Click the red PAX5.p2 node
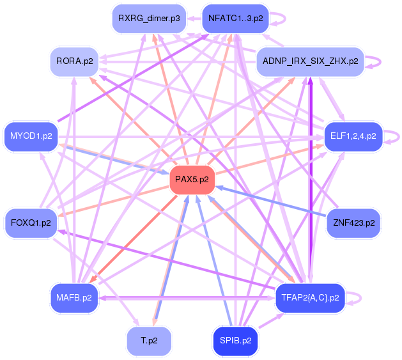point(192,180)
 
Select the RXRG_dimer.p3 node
point(149,19)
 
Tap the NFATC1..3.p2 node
point(235,19)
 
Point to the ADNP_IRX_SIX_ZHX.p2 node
point(310,63)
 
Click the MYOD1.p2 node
point(31,136)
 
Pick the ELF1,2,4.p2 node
point(353,136)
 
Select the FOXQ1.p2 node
point(31,223)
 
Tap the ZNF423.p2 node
point(353,223)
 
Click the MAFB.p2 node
point(73,297)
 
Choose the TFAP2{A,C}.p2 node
point(310,297)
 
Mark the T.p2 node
point(149,341)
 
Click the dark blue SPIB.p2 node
point(235,341)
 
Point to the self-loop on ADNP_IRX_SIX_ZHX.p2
point(378,62)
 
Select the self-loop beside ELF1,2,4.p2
point(396,136)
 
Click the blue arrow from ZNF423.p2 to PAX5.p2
point(275,203)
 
